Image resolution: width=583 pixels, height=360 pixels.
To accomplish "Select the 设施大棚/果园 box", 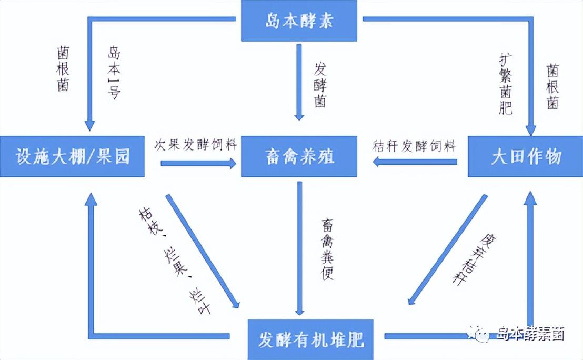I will pyautogui.click(x=73, y=157).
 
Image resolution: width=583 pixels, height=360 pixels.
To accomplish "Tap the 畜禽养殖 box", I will pyautogui.click(x=299, y=157).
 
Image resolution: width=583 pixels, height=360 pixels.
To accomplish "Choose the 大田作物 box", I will pyautogui.click(x=526, y=157).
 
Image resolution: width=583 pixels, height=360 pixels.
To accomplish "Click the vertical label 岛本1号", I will pyautogui.click(x=114, y=73).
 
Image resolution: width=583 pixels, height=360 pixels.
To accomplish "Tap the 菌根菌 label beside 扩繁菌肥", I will pyautogui.click(x=552, y=86).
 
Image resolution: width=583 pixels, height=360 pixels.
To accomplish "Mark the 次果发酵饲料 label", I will pyautogui.click(x=195, y=145).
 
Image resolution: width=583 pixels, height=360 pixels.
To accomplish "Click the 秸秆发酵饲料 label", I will pyautogui.click(x=414, y=146).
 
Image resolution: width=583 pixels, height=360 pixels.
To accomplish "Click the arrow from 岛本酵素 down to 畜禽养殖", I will pyautogui.click(x=299, y=82).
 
